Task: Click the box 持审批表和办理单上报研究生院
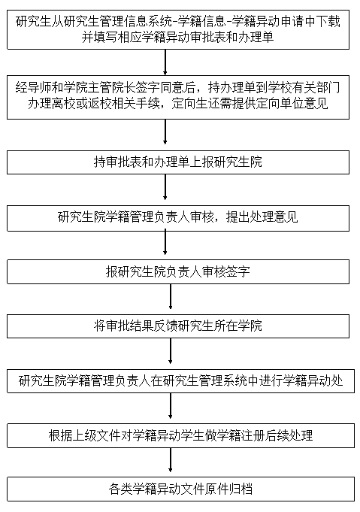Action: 178,162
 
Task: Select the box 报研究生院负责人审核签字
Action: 178,271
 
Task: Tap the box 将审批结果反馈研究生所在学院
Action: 178,326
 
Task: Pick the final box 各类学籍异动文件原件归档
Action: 181,489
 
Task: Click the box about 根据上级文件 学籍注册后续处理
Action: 181,435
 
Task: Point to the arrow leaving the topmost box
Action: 165,62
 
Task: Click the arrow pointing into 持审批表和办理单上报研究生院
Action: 165,132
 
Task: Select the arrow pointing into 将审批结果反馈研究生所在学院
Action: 171,296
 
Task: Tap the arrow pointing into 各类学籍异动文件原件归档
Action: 171,460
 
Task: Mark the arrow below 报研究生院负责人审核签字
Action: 171,296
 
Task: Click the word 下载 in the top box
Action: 328,22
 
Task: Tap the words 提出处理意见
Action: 262,217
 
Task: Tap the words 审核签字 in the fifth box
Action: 226,272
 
